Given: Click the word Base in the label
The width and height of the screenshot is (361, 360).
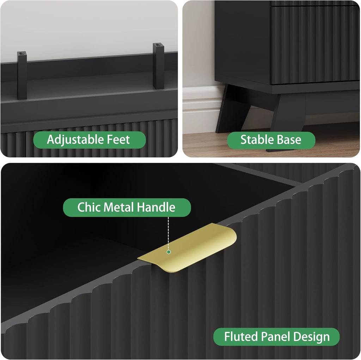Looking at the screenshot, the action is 289,140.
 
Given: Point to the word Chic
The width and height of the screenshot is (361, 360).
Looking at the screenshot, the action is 89,207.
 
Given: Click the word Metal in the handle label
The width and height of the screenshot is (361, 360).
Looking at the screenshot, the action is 119,207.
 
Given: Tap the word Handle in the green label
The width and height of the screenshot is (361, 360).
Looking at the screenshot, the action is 156,207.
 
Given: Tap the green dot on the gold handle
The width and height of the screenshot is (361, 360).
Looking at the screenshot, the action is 169,252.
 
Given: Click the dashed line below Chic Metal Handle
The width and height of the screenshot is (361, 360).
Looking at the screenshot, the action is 168,233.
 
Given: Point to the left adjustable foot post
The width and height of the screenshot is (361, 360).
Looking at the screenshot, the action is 22,75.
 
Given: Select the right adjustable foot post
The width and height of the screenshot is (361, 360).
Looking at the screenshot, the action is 158,66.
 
